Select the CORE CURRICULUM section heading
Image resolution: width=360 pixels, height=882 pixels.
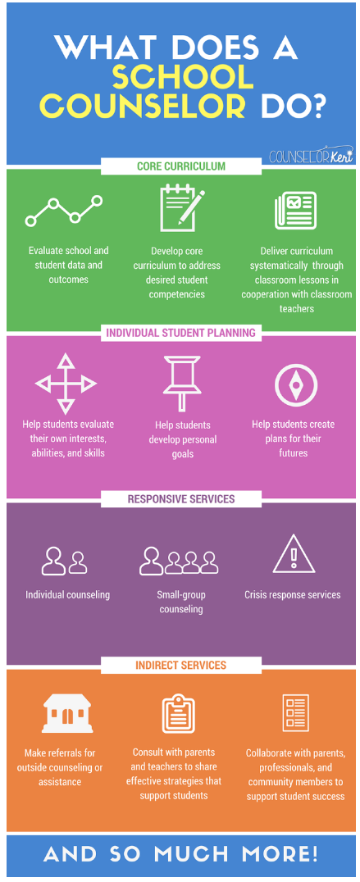[181, 166]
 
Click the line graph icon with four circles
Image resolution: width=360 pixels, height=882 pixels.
[64, 211]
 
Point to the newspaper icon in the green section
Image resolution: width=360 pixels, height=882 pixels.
[295, 211]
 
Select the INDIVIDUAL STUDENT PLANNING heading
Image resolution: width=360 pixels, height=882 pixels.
[181, 333]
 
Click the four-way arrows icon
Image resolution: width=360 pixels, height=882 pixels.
[66, 384]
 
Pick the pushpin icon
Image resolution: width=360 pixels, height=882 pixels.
[182, 383]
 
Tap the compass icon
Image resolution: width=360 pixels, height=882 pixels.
[296, 385]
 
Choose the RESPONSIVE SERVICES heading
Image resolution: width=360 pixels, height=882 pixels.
[181, 499]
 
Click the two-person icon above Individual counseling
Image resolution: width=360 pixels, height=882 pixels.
[65, 561]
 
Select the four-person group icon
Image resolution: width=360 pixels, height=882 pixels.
[179, 561]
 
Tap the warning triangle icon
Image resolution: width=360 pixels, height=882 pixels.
[294, 553]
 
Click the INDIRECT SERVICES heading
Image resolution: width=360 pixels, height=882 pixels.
[181, 666]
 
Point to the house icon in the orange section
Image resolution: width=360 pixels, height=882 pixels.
[67, 715]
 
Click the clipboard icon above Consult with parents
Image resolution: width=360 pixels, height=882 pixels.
[178, 715]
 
